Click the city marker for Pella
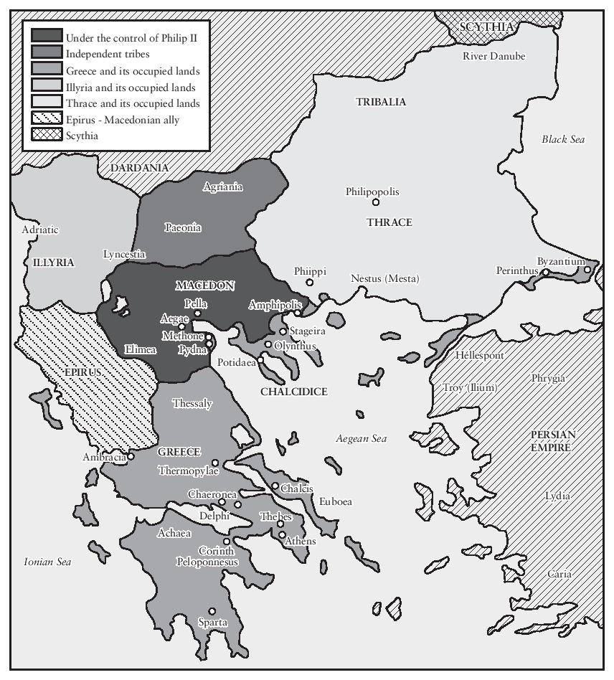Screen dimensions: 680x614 click(197, 313)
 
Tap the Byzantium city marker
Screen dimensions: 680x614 click(587, 270)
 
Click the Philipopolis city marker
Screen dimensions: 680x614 click(375, 202)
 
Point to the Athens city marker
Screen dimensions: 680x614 click(283, 534)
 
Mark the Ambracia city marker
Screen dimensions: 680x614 click(131, 456)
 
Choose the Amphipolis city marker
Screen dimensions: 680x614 click(298, 313)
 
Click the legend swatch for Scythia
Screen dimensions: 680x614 click(47, 136)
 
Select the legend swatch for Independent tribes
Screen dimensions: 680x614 click(47, 53)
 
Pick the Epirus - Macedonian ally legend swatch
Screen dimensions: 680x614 click(47, 119)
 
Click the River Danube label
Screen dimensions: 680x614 click(493, 56)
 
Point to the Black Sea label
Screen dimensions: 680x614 click(563, 139)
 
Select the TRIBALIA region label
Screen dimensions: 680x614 click(380, 103)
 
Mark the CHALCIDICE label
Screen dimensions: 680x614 click(293, 392)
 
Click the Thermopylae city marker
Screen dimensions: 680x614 click(214, 463)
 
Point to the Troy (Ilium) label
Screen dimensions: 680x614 click(470, 387)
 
